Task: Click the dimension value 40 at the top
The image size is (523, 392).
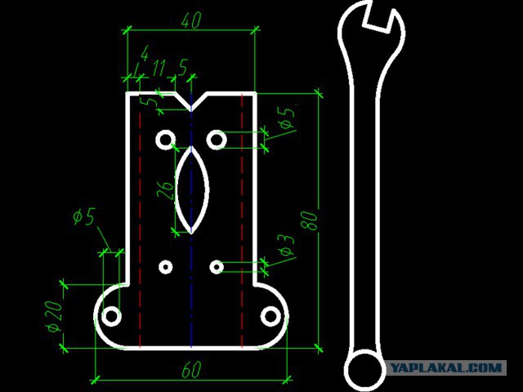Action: coord(190,22)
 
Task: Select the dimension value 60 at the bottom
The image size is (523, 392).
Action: coord(190,370)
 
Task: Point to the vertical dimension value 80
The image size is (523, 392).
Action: coord(310,220)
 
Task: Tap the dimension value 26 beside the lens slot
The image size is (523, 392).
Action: coord(166,189)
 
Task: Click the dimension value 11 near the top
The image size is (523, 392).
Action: coord(159,65)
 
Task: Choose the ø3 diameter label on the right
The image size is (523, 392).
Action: coord(285,246)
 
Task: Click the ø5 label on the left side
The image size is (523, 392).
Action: coord(84,216)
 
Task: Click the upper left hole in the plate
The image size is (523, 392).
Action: coord(166,140)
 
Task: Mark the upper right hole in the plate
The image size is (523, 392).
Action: coord(217,140)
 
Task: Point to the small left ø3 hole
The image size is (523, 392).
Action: coord(166,267)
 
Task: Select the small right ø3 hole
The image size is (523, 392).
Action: coord(217,267)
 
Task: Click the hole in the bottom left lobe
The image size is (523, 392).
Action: coord(112,315)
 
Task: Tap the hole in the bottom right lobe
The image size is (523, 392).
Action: coord(270,315)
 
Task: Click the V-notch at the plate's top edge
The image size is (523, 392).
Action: coord(191,101)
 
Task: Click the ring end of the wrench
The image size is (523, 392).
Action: coord(364,370)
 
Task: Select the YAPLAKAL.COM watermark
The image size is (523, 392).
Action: coord(445,368)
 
